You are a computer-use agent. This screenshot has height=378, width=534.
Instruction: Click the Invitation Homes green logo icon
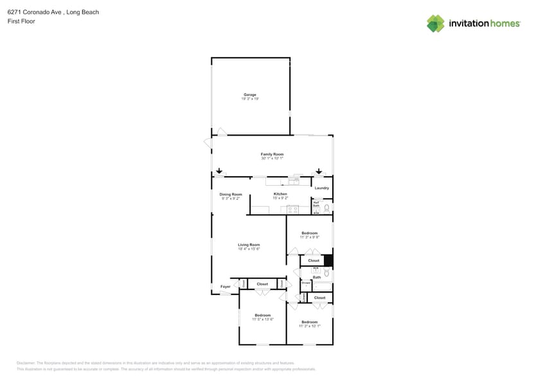pyautogui.click(x=436, y=23)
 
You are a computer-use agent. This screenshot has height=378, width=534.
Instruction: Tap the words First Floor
pyautogui.click(x=21, y=21)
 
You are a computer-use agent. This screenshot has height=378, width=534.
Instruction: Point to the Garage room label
pyautogui.click(x=249, y=94)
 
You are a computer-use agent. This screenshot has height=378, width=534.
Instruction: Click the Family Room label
pyautogui.click(x=272, y=154)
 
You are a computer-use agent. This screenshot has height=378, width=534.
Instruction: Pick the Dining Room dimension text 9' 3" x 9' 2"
pyautogui.click(x=231, y=198)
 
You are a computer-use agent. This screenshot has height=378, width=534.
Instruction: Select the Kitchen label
pyautogui.click(x=280, y=194)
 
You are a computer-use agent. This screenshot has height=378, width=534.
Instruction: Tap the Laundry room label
pyautogui.click(x=322, y=188)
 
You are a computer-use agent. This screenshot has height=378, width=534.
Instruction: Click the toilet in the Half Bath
pyautogui.click(x=326, y=208)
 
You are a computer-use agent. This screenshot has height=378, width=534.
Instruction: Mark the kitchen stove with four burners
pyautogui.click(x=292, y=209)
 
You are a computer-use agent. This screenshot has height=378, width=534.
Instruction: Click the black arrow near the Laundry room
pyautogui.click(x=319, y=172)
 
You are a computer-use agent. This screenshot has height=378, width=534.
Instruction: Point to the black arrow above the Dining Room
pyautogui.click(x=219, y=171)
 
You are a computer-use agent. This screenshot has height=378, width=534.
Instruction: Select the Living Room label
pyautogui.click(x=249, y=244)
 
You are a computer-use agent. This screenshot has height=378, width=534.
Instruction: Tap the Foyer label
pyautogui.click(x=226, y=287)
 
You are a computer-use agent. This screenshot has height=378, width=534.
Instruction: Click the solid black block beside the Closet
pyautogui.click(x=328, y=260)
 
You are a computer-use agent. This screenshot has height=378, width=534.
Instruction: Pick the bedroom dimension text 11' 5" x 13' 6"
pyautogui.click(x=262, y=319)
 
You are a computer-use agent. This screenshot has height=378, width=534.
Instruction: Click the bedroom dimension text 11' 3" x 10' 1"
pyautogui.click(x=309, y=326)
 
